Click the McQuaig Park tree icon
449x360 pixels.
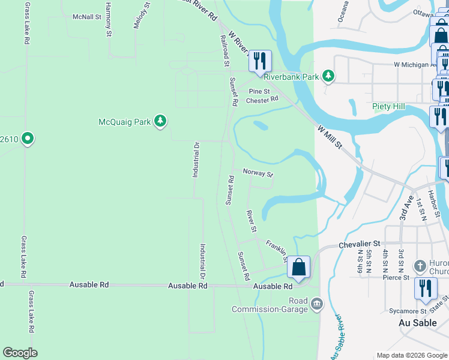pyautogui.click(x=160, y=121)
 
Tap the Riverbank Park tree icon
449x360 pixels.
pyautogui.click(x=328, y=76)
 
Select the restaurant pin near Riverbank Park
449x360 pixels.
pyautogui.click(x=260, y=62)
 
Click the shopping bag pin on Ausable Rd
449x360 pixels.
pyautogui.click(x=298, y=268)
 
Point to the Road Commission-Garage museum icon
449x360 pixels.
pyautogui.click(x=317, y=305)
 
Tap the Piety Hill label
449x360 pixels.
pyautogui.click(x=388, y=107)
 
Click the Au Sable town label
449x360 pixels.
pyautogui.click(x=417, y=323)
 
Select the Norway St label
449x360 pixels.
pyautogui.click(x=258, y=173)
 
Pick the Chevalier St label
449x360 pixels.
pyautogui.click(x=360, y=244)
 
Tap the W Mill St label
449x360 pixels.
pyautogui.click(x=330, y=138)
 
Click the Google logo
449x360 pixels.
pyautogui.click(x=20, y=353)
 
